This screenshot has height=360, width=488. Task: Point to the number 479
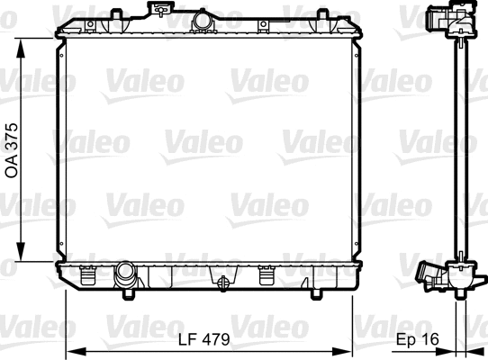click(x=216, y=340)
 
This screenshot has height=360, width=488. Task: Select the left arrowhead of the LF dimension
click(x=74, y=351)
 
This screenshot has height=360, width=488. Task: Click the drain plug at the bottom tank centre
click(x=220, y=282)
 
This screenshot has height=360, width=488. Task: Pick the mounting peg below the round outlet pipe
click(x=130, y=292)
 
